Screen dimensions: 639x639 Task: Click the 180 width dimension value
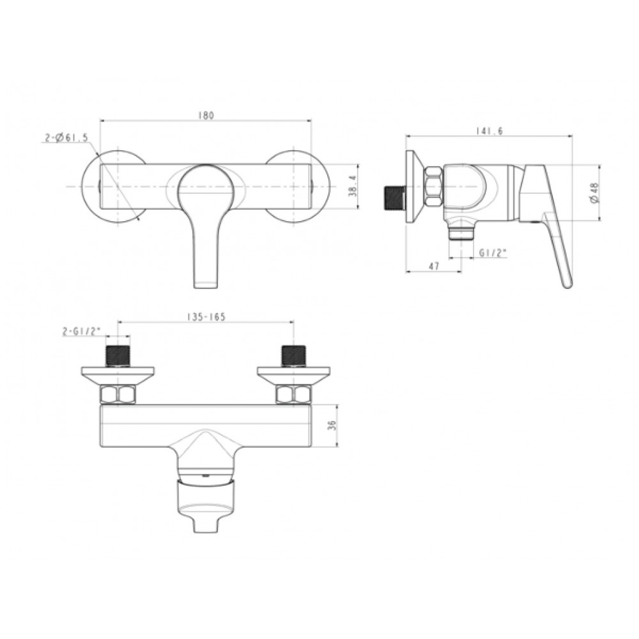click(x=206, y=115)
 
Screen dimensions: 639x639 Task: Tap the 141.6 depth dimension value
click(x=489, y=131)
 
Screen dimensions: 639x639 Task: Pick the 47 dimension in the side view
click(x=434, y=266)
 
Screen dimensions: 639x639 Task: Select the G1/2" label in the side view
click(x=493, y=252)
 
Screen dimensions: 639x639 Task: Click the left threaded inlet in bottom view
click(x=118, y=355)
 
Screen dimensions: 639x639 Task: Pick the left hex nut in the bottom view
click(x=118, y=394)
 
